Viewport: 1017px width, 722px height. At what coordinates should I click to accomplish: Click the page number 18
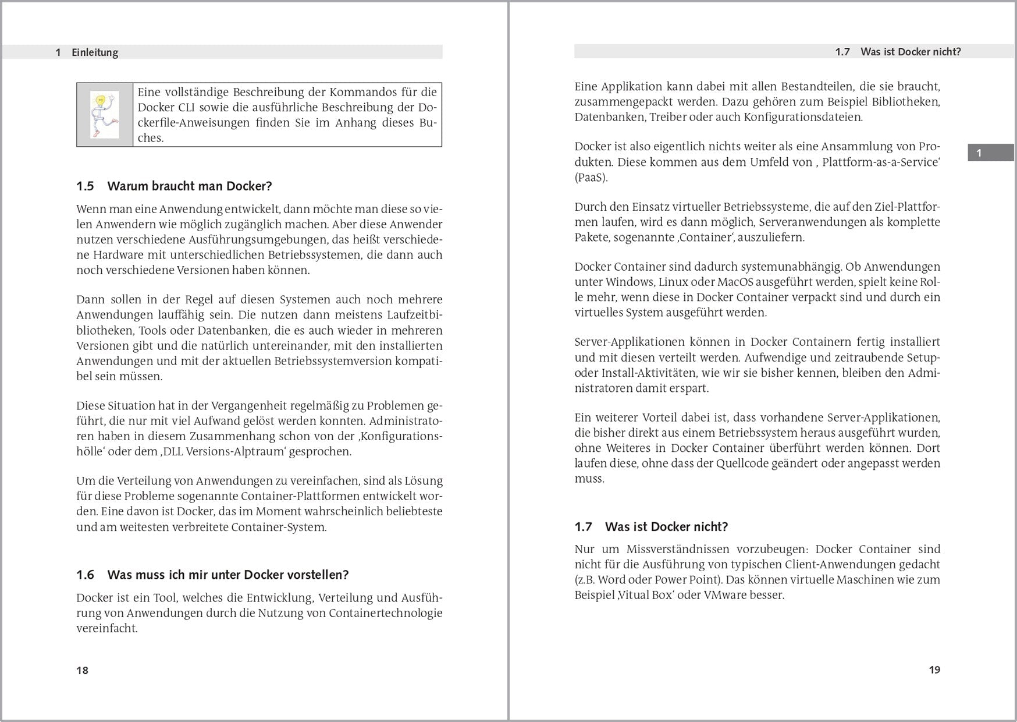(x=82, y=670)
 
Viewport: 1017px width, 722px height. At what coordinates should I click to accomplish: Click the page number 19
(x=934, y=670)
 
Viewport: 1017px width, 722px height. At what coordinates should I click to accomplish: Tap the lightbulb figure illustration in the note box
(x=105, y=115)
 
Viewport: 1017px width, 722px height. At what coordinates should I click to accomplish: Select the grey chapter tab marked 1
(x=990, y=153)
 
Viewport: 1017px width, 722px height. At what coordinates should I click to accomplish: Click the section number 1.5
(x=85, y=186)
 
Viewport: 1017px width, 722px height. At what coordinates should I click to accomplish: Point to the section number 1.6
(x=85, y=575)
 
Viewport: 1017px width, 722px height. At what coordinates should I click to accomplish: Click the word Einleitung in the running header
(x=95, y=52)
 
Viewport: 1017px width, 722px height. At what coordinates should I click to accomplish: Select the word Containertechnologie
(x=386, y=613)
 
